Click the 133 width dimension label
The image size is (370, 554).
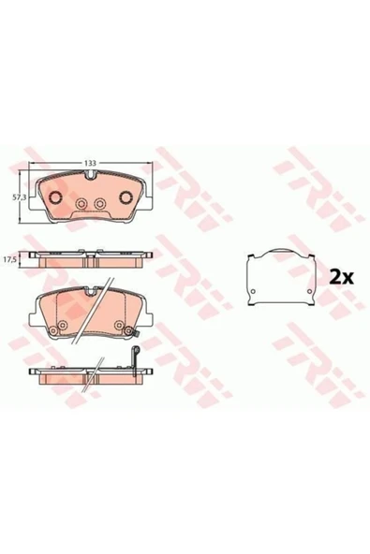pos(90,163)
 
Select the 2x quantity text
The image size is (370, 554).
pos(341,278)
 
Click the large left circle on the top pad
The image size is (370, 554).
pos(55,197)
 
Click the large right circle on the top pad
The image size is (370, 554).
pos(126,197)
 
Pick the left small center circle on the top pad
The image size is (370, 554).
pos(81,203)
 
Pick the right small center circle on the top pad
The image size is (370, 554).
pos(99,203)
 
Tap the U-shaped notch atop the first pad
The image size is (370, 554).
pos(91,174)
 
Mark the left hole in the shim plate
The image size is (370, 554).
pos(253,291)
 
